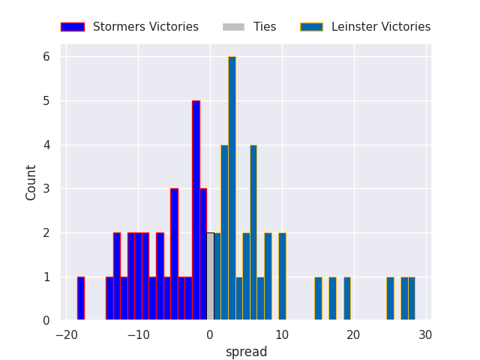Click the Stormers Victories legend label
pyautogui.click(x=145, y=27)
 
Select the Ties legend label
pyautogui.click(x=265, y=27)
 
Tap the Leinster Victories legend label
pyautogui.click(x=381, y=27)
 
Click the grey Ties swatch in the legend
pyautogui.click(x=233, y=27)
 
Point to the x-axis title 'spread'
pyautogui.click(x=247, y=352)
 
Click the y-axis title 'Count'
pyautogui.click(x=31, y=182)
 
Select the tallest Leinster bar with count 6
pyautogui.click(x=232, y=188)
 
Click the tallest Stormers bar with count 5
pyautogui.click(x=196, y=211)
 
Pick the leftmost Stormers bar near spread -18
pyautogui.click(x=81, y=298)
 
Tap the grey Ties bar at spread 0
pyautogui.click(x=210, y=277)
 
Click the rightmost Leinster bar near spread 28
pyautogui.click(x=412, y=298)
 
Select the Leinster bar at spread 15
pyautogui.click(x=318, y=298)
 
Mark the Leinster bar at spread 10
pyautogui.click(x=282, y=277)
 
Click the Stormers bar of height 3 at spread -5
pyautogui.click(x=174, y=254)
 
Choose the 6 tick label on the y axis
pyautogui.click(x=46, y=57)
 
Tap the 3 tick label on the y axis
pyautogui.click(x=46, y=189)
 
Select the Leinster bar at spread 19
pyautogui.click(x=346, y=298)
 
